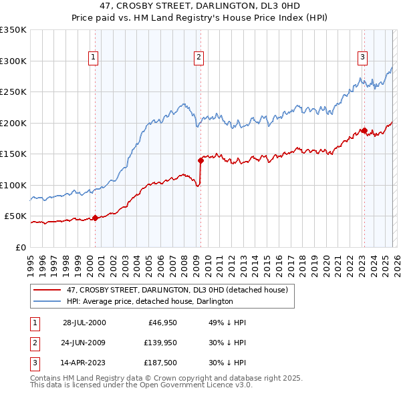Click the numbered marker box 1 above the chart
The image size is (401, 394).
tap(94, 57)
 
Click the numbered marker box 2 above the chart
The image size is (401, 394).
tap(199, 57)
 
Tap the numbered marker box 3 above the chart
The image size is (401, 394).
tap(362, 57)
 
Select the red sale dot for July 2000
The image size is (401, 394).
tap(96, 218)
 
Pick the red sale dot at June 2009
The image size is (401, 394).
tap(200, 160)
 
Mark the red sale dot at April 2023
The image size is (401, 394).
tap(364, 130)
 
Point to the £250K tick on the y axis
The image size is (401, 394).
tap(13, 92)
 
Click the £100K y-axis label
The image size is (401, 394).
tap(13, 185)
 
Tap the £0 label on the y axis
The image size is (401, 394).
tap(20, 247)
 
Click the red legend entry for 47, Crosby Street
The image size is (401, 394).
tap(177, 290)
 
